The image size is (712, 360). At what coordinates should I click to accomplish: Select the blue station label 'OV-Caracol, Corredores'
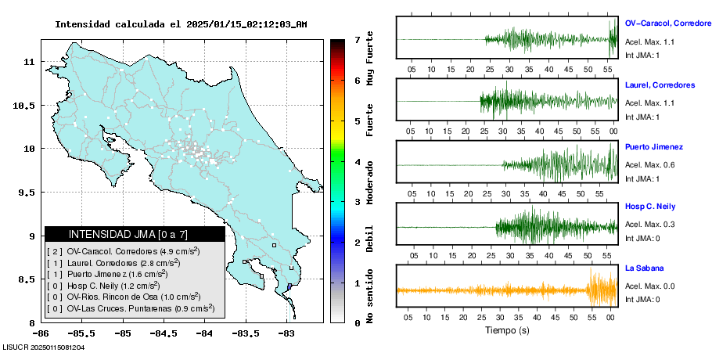click(667, 23)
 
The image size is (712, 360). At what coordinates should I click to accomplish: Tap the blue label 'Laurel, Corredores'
click(660, 85)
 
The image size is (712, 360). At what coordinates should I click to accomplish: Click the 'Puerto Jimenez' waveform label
click(654, 146)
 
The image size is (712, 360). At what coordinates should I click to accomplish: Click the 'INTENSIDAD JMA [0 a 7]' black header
click(134, 234)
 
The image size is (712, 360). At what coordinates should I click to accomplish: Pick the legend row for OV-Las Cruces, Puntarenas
click(131, 308)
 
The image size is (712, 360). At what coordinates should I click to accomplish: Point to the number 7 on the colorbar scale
click(357, 39)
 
